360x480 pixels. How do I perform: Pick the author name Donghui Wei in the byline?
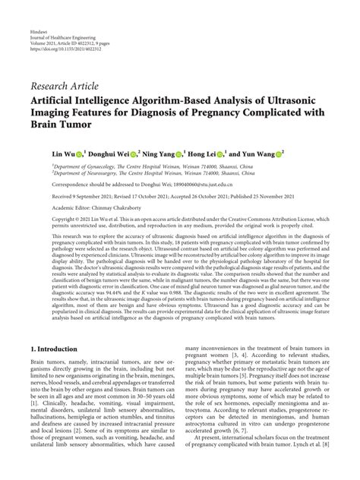click(x=112, y=153)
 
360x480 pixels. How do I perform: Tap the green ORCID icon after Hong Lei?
click(x=236, y=153)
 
